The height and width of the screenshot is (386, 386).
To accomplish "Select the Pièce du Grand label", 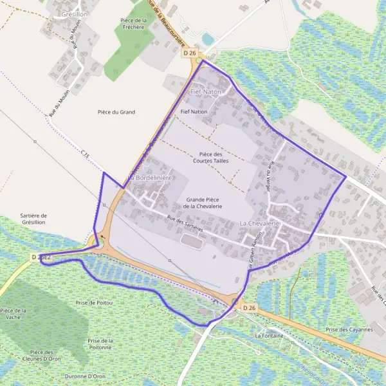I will (x=116, y=112).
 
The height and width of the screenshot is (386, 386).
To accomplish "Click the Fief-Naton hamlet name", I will (x=206, y=92).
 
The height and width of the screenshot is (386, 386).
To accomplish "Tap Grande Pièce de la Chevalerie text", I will (x=203, y=203).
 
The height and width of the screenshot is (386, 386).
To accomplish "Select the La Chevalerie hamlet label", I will (x=261, y=223).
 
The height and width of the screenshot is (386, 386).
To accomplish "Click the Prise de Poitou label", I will (x=95, y=302).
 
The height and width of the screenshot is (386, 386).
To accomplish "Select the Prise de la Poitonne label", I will (x=100, y=344).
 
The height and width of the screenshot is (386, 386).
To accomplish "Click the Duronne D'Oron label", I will (x=85, y=376).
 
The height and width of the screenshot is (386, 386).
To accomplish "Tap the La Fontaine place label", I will (x=270, y=336).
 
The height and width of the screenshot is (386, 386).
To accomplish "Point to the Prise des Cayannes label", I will (x=350, y=329).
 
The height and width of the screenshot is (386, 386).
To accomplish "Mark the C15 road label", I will (x=86, y=155).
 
